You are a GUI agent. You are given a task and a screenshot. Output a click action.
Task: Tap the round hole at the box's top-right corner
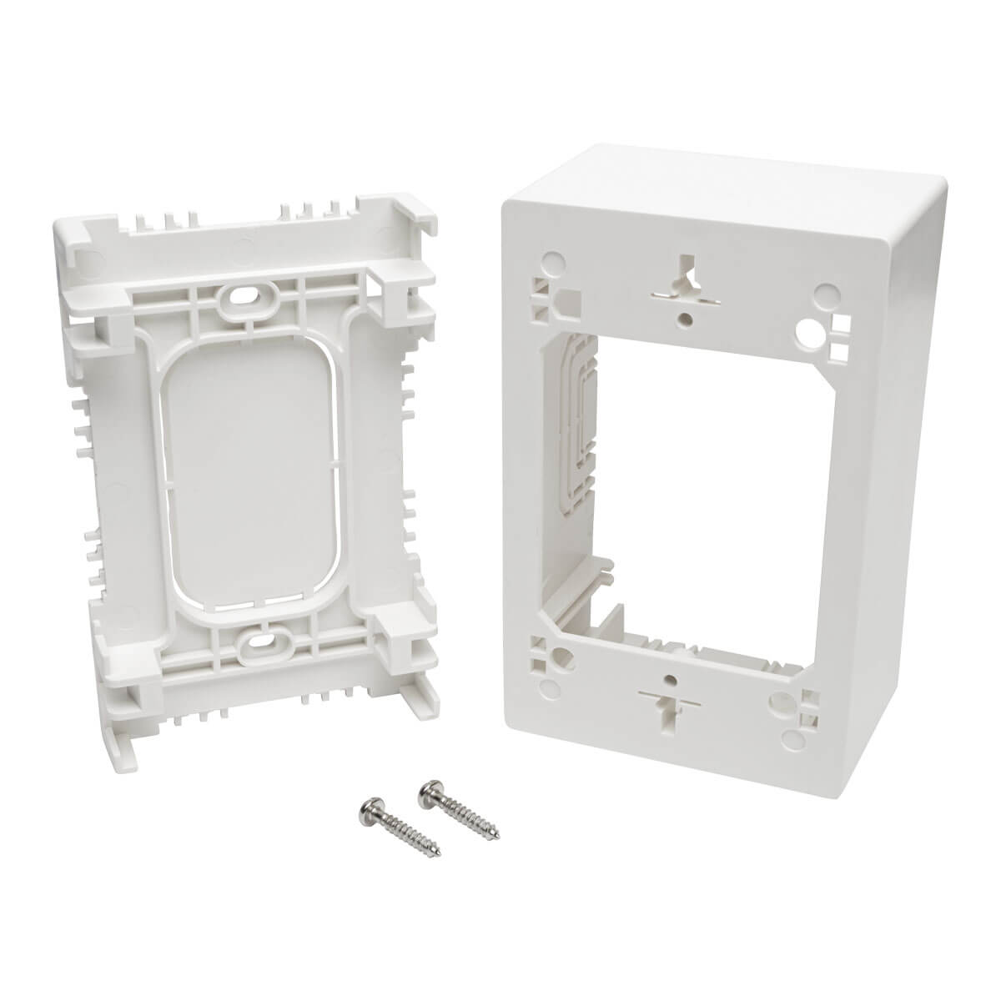tap(826, 292)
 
